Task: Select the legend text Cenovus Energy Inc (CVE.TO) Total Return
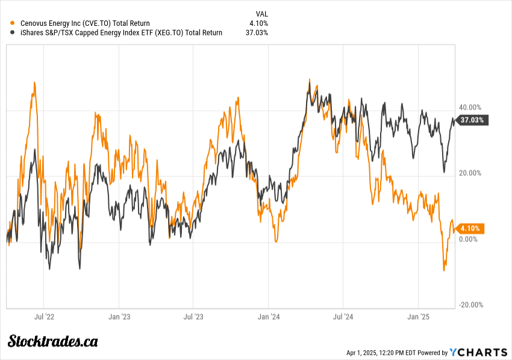coord(85,23)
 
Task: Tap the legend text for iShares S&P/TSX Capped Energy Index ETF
coord(121,33)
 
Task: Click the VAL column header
coord(261,13)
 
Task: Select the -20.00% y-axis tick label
coord(471,305)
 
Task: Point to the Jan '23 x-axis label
coord(119,315)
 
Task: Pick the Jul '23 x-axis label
coord(193,315)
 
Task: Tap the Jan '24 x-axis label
coord(268,315)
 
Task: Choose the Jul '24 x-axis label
coord(343,315)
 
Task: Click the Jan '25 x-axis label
coord(418,315)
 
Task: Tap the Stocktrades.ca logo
coord(53,341)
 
